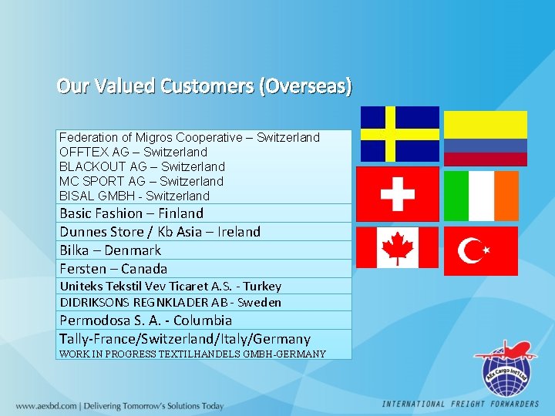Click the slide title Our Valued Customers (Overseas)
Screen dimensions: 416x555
pyautogui.click(x=204, y=86)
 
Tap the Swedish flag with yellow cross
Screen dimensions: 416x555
pyautogui.click(x=400, y=133)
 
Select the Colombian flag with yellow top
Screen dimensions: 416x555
pyautogui.click(x=486, y=138)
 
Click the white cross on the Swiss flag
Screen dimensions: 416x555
pyautogui.click(x=398, y=194)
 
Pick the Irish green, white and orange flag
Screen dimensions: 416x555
pyautogui.click(x=482, y=196)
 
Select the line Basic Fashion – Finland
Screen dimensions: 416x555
pyautogui.click(x=131, y=213)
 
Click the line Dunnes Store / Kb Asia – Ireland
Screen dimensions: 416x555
pyautogui.click(x=160, y=232)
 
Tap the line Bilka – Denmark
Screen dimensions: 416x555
pyautogui.click(x=110, y=250)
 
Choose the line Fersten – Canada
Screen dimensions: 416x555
pyautogui.click(x=113, y=269)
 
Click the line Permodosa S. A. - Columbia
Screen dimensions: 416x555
pyautogui.click(x=146, y=320)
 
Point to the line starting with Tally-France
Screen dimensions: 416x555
pyautogui.click(x=184, y=339)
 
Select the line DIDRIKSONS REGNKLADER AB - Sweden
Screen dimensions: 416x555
pyautogui.click(x=170, y=303)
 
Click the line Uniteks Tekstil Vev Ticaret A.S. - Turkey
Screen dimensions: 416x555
pyautogui.click(x=170, y=287)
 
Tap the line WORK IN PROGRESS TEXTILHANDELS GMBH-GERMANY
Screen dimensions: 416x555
pyautogui.click(x=192, y=354)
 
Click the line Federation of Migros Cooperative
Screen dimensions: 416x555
pyautogui.click(x=189, y=137)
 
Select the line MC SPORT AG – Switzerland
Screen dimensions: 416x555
pyautogui.click(x=141, y=181)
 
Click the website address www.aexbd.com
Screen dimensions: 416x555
pyautogui.click(x=47, y=405)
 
